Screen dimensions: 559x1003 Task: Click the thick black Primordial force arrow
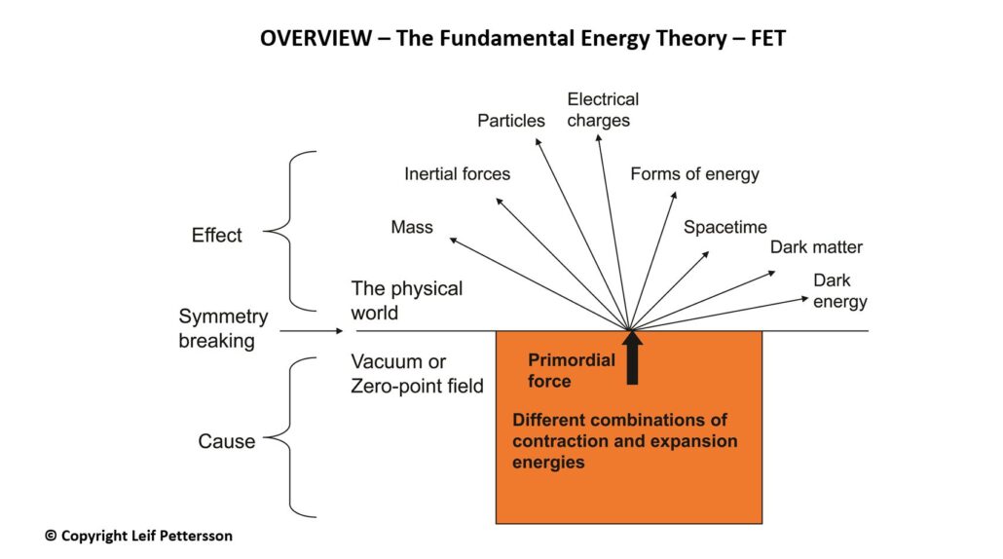(x=632, y=357)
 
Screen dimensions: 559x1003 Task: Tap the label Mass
(x=412, y=227)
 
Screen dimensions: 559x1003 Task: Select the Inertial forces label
(x=457, y=174)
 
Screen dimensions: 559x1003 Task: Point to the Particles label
(x=511, y=121)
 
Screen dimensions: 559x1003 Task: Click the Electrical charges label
(x=603, y=110)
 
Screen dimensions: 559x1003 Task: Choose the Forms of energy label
(x=694, y=174)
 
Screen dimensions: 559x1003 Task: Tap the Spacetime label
(x=725, y=227)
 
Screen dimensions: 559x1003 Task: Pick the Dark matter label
(x=816, y=247)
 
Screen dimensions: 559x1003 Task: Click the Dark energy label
(x=839, y=291)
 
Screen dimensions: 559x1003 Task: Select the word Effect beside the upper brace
(x=217, y=236)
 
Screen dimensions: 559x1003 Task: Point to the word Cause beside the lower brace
(x=227, y=441)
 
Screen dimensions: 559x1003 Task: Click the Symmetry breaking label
(x=223, y=328)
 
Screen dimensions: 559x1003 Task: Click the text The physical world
(x=407, y=301)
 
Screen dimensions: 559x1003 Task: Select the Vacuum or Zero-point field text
(x=417, y=374)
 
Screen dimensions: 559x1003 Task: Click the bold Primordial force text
(x=572, y=370)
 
